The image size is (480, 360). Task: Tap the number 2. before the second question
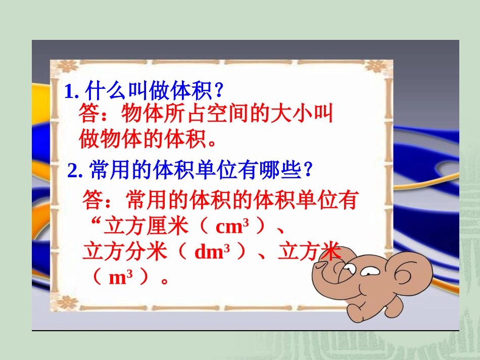pyautogui.click(x=75, y=172)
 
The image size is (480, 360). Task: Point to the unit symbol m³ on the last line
pyautogui.click(x=124, y=277)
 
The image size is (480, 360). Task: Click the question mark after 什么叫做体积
pyautogui.click(x=219, y=91)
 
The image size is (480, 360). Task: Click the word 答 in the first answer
pyautogui.click(x=88, y=114)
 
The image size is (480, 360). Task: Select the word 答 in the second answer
pyautogui.click(x=92, y=201)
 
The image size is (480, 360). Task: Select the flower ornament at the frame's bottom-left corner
pyautogui.click(x=66, y=302)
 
